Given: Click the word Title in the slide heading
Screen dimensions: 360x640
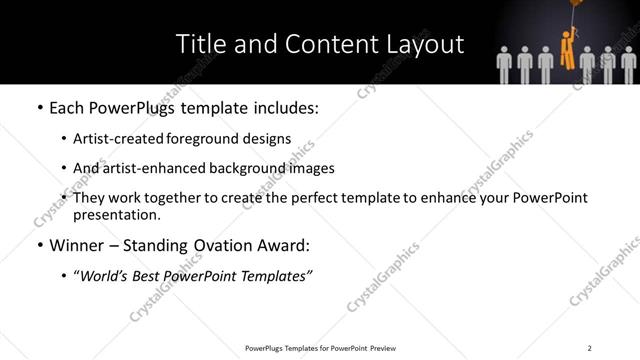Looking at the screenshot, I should [x=199, y=44].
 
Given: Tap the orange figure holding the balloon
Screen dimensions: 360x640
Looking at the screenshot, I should [x=567, y=50].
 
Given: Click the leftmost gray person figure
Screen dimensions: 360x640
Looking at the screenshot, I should [x=506, y=62].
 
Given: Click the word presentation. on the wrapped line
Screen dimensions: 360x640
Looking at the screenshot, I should [x=117, y=215].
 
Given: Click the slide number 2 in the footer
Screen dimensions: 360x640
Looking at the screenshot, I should [x=590, y=348].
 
